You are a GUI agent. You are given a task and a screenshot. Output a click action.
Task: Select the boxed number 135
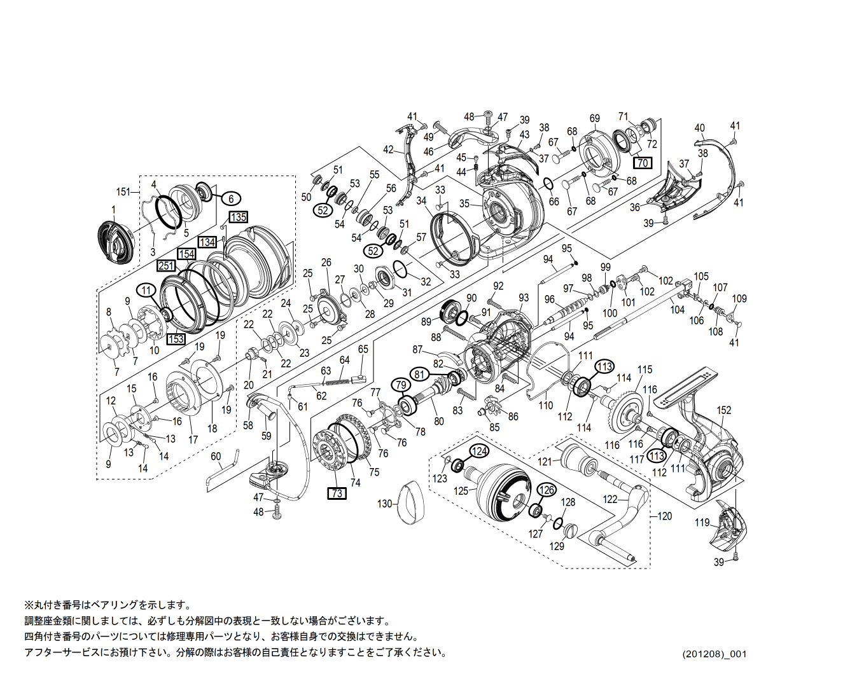coord(238,217)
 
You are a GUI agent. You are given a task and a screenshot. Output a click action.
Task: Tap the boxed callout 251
coord(166,265)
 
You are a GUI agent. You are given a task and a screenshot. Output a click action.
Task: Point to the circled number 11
coord(147,291)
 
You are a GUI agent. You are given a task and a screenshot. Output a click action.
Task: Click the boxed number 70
coord(643,163)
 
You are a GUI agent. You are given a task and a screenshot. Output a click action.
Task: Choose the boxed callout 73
coord(337,493)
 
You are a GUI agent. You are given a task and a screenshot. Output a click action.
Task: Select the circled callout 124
coord(480,451)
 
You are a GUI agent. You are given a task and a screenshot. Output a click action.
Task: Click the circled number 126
coord(547,490)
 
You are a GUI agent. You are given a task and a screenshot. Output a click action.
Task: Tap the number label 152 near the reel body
coord(724,410)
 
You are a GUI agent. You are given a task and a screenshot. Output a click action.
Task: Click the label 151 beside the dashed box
coord(123,191)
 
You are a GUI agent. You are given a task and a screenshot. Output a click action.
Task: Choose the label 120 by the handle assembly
coord(664,516)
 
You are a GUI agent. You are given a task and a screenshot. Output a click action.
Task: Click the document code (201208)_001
coord(714,654)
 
